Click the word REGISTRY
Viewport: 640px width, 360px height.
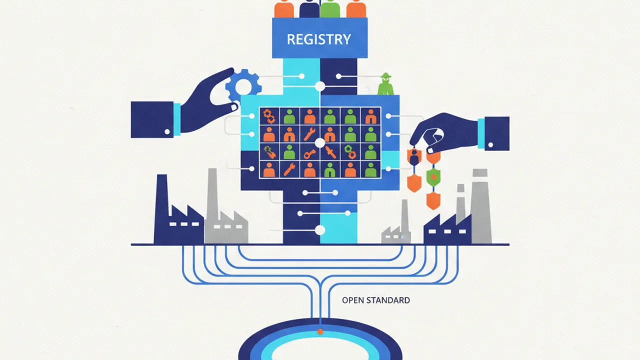pos(319,39)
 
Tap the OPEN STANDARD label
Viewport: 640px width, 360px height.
pos(375,300)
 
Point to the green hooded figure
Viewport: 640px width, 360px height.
pos(385,84)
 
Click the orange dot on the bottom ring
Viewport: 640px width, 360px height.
pos(320,331)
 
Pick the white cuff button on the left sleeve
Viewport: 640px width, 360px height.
pos(167,131)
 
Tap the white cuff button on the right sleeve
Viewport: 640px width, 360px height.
pos(490,145)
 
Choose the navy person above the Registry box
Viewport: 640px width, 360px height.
pos(309,8)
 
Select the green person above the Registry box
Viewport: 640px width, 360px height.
pos(329,8)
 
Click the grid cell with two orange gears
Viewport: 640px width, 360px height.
pos(269,116)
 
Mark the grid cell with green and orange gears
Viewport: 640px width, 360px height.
pos(350,151)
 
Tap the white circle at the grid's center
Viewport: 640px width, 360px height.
pos(320,143)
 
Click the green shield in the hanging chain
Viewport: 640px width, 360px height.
pos(433,177)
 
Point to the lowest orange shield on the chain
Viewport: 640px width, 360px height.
pos(433,200)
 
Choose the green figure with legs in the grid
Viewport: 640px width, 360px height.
pos(330,169)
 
